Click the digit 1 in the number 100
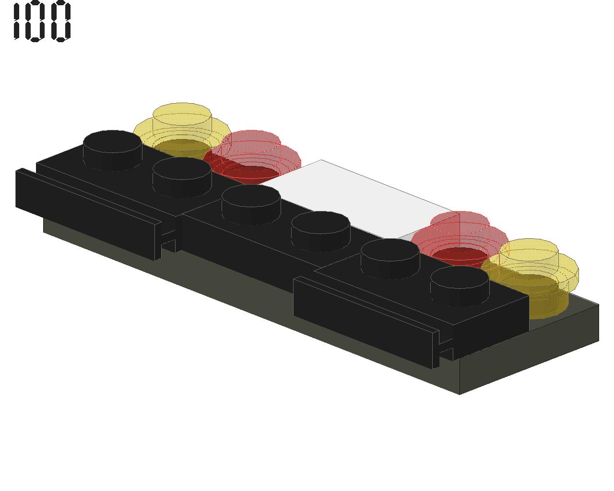(x=17, y=21)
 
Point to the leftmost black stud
(x=112, y=151)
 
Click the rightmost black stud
(x=460, y=286)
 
